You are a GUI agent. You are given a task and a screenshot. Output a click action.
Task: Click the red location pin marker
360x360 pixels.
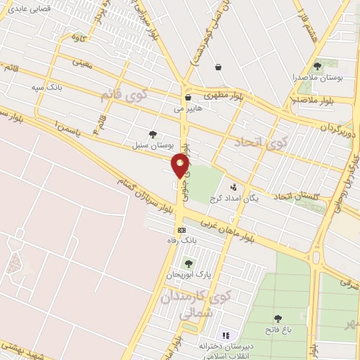tap(181, 167)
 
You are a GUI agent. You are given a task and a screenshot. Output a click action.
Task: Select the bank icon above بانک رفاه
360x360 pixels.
tap(181, 230)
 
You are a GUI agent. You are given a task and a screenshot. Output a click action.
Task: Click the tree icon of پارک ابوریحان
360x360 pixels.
tap(188, 263)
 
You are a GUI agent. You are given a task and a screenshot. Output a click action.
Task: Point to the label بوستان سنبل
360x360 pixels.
tap(151, 144)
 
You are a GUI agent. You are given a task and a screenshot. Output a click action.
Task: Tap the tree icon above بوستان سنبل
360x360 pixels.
tap(153, 134)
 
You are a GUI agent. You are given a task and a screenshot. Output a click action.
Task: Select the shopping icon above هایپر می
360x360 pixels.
tap(188, 98)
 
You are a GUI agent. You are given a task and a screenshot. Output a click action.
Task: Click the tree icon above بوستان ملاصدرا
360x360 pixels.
tap(317, 66)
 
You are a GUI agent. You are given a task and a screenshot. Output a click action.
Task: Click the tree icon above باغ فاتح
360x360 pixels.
tap(278, 319)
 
